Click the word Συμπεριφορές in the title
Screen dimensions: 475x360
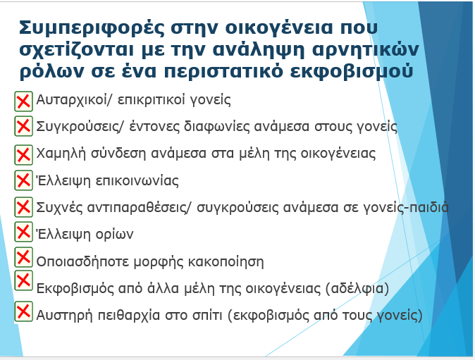pos(92,29)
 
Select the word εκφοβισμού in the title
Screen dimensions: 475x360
pos(352,72)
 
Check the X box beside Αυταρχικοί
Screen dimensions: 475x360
pos(24,101)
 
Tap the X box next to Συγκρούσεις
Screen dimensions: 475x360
pos(24,126)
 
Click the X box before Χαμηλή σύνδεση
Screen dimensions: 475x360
pos(24,155)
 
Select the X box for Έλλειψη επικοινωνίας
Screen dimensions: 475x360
pos(24,180)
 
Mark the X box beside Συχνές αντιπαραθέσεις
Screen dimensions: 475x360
pos(24,207)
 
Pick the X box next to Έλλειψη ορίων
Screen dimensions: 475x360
pos(24,232)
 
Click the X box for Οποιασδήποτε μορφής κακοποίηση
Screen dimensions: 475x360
pos(24,257)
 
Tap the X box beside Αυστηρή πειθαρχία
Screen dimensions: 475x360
pos(24,311)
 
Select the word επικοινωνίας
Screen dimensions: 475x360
pos(137,181)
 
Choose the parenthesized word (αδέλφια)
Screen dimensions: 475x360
pos(357,288)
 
